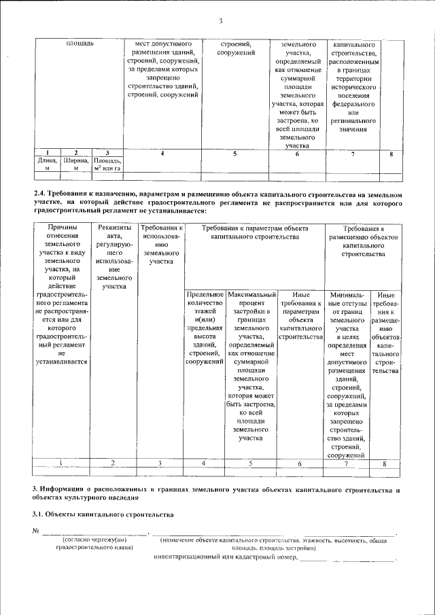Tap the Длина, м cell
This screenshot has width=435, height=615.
(x=47, y=164)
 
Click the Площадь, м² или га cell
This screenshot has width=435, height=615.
(x=107, y=164)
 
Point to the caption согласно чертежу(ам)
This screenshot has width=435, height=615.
(x=94, y=541)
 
